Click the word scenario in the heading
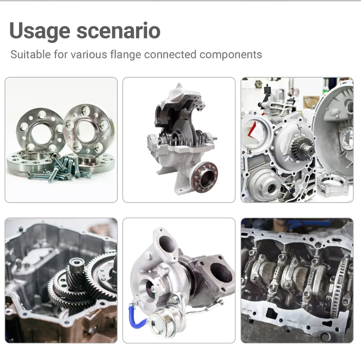click(118, 31)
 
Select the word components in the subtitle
click(231, 55)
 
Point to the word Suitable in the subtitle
click(31, 54)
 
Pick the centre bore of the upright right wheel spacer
click(85, 132)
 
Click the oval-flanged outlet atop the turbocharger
click(166, 245)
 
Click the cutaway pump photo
click(179, 140)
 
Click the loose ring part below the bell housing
click(334, 185)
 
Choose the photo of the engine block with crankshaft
click(297, 281)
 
